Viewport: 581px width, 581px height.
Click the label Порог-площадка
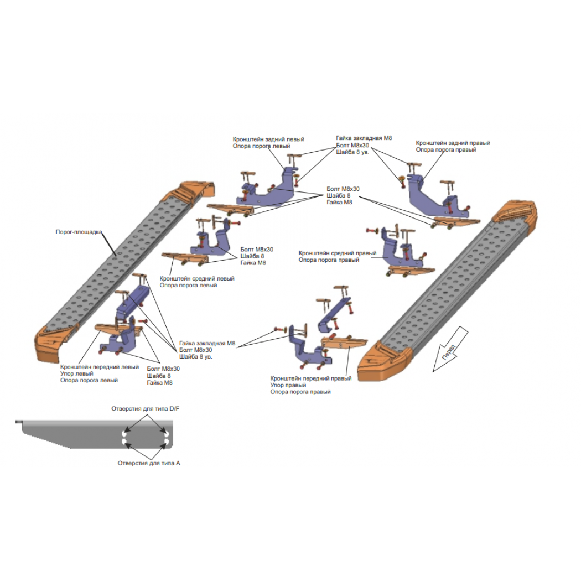point(79,232)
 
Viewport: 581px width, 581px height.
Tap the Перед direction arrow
point(450,349)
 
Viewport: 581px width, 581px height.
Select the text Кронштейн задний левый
point(268,139)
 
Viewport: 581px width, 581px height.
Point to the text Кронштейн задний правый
point(453,143)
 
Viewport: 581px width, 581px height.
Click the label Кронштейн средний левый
point(197,278)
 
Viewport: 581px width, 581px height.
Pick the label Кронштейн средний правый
point(337,253)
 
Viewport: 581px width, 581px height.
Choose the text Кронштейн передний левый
point(100,367)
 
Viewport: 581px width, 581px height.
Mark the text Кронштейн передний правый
point(311,378)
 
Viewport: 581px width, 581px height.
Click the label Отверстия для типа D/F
point(145,409)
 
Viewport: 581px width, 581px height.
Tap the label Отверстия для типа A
point(149,463)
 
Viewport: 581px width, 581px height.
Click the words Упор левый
point(77,373)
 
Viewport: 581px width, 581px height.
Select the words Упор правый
point(288,385)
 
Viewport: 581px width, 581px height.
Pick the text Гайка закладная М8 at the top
point(364,138)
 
